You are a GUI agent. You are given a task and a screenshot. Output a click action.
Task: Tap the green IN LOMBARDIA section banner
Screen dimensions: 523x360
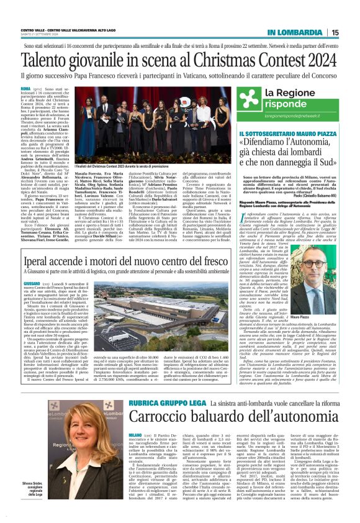[299, 32]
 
